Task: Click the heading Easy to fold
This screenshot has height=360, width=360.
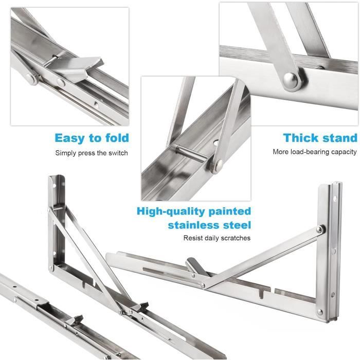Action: click(x=92, y=138)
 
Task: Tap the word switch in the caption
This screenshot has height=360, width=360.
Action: click(x=118, y=153)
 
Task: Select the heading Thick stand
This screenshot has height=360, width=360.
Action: click(x=320, y=138)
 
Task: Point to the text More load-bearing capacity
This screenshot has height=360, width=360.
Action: click(x=315, y=152)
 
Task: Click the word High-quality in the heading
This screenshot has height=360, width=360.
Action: click(x=171, y=212)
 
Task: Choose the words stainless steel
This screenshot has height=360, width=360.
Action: click(x=209, y=225)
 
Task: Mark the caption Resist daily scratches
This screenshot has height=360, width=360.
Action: click(x=217, y=238)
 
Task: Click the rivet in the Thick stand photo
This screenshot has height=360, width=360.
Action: click(x=291, y=80)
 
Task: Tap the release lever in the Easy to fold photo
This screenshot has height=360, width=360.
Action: click(x=76, y=68)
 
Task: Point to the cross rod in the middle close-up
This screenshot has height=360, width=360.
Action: click(x=191, y=153)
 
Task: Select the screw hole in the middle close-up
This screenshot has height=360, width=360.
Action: click(x=216, y=143)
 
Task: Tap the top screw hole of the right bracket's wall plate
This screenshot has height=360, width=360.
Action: click(x=335, y=199)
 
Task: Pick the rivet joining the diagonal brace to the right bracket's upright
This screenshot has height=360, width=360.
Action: click(x=319, y=229)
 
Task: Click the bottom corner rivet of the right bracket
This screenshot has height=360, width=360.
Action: click(x=320, y=312)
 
